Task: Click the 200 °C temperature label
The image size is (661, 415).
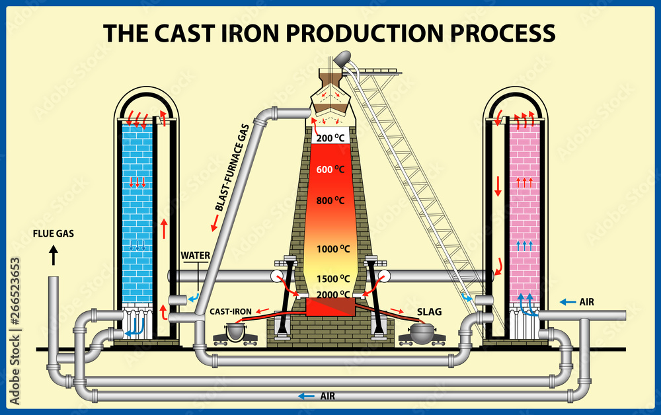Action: pos(331,139)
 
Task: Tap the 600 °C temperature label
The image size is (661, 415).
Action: pos(331,169)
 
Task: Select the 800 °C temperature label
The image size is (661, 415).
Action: pos(331,200)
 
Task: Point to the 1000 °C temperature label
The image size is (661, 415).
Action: pos(333,249)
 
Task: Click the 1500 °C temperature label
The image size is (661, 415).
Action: pos(333,278)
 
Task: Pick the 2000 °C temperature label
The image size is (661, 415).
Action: pos(333,294)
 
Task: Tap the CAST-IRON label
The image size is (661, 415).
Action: pos(229,311)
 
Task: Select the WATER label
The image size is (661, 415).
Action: pos(196,255)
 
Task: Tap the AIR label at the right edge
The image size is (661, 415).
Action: pos(586,302)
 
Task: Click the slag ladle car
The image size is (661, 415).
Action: pos(421,333)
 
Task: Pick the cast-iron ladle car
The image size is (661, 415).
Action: pos(232,333)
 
